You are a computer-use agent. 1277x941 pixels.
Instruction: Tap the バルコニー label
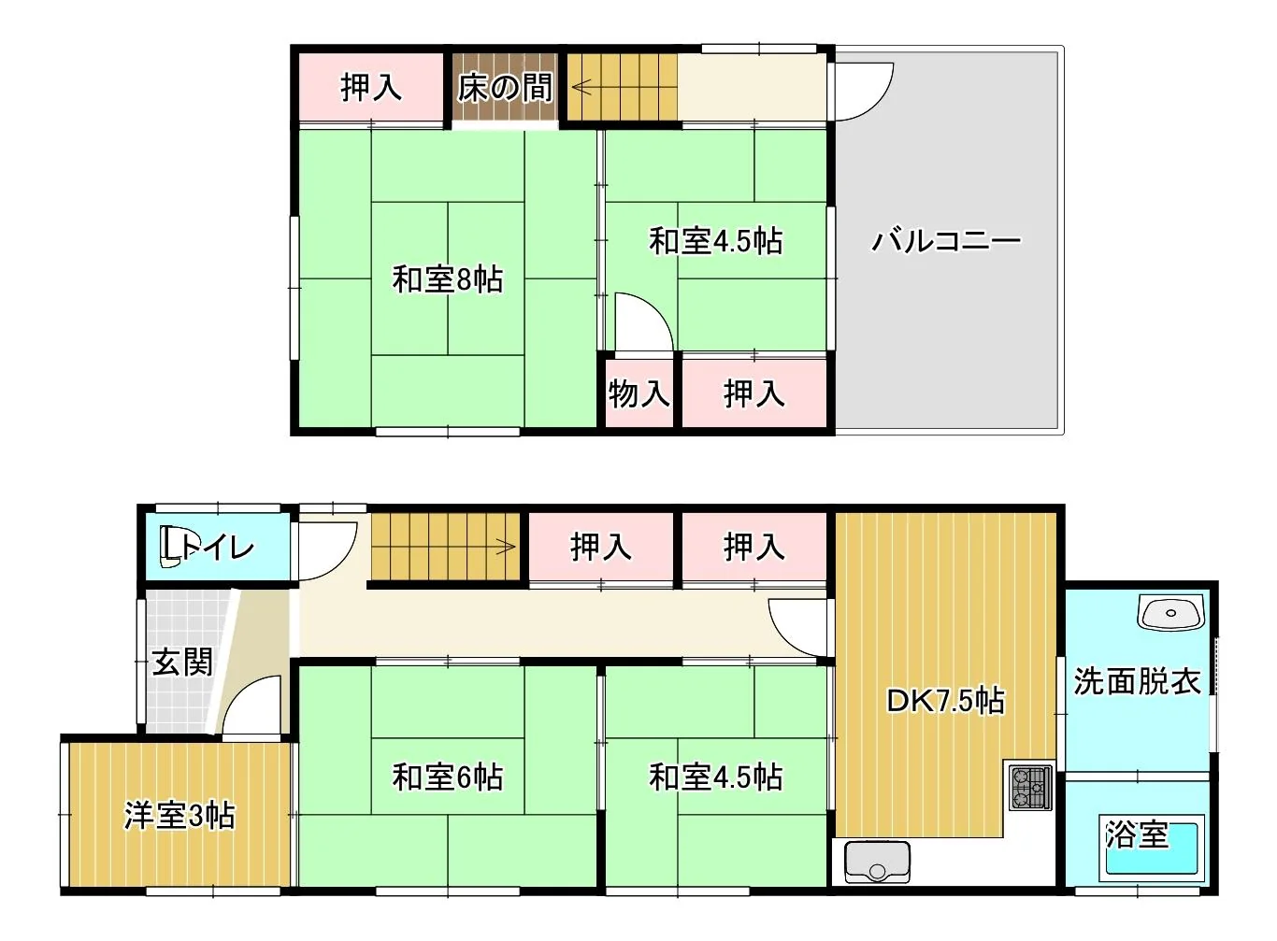click(946, 241)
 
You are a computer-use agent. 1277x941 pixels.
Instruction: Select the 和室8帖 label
click(448, 279)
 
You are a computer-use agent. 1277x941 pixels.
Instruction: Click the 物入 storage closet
click(639, 393)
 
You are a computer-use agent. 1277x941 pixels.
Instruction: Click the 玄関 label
click(182, 663)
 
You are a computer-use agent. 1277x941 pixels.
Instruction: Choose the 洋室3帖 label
click(179, 816)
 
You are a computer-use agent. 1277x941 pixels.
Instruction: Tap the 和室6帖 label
click(448, 777)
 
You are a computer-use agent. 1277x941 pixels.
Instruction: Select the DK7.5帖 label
click(945, 701)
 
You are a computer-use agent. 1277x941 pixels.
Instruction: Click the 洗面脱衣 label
click(1138, 681)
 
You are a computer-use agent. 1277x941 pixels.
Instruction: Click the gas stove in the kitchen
click(1031, 789)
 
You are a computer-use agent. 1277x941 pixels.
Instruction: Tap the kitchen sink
click(878, 863)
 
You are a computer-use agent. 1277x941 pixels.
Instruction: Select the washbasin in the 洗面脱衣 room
click(1171, 613)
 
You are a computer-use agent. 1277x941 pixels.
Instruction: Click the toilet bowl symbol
click(171, 548)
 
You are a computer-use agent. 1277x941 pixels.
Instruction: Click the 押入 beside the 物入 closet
click(754, 393)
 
